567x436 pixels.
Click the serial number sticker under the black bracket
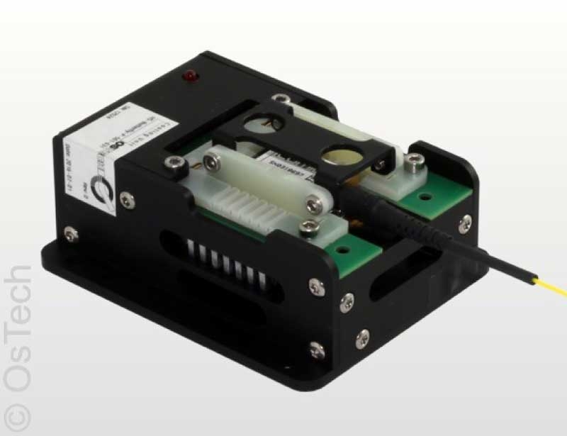pos(287,164)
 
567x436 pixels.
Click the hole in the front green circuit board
pos(345,250)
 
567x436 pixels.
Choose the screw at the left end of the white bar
pos(213,165)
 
